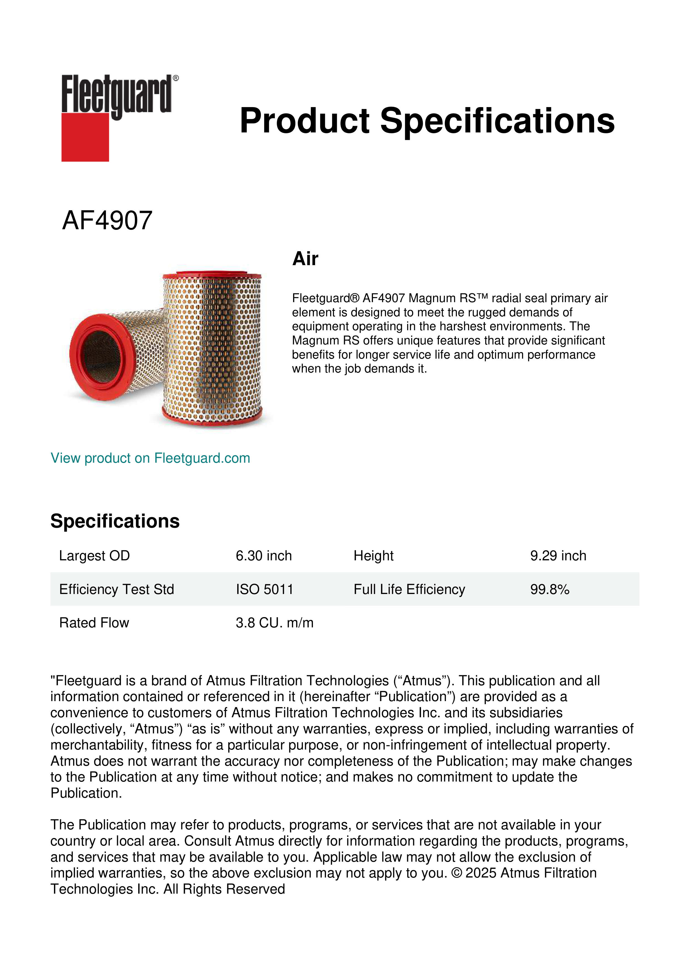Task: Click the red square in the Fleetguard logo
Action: (x=85, y=137)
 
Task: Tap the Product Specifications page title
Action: (x=427, y=121)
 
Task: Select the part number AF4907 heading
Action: (x=107, y=221)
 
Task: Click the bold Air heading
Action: (x=305, y=259)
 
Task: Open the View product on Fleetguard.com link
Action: (x=150, y=458)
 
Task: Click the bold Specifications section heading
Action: (x=115, y=521)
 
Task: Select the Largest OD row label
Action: (x=94, y=556)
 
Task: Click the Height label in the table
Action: (x=374, y=556)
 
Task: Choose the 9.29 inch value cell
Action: (x=558, y=556)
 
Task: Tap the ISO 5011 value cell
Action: (x=264, y=589)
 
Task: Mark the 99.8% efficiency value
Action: (x=549, y=589)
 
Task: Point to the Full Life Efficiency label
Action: (x=409, y=589)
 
